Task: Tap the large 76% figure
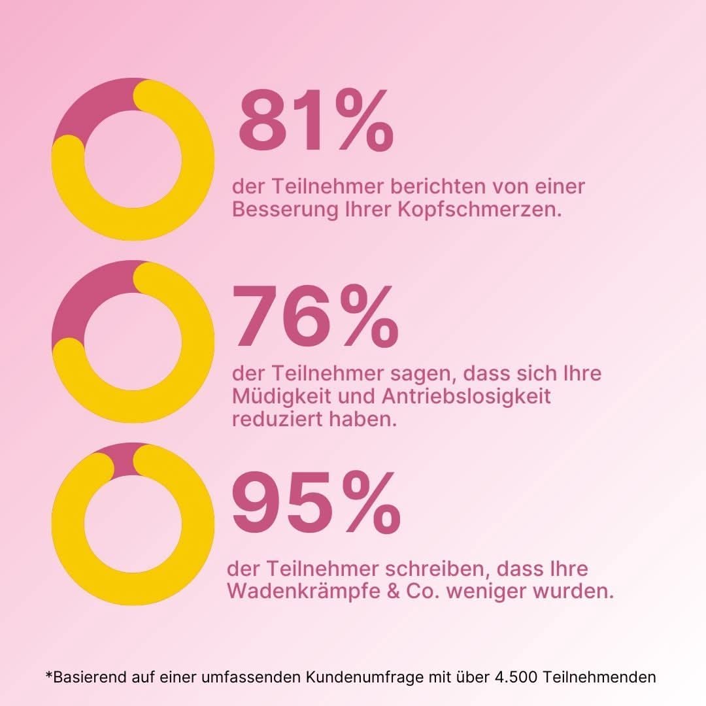pyautogui.click(x=315, y=318)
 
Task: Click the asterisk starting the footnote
pyautogui.click(x=49, y=675)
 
